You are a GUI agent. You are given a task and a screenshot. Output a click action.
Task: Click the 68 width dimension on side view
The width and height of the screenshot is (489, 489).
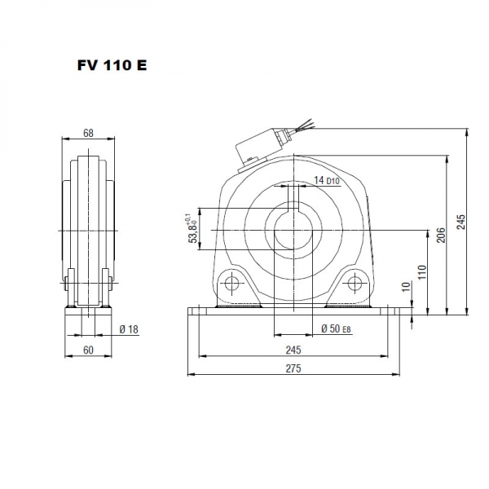tap(87, 133)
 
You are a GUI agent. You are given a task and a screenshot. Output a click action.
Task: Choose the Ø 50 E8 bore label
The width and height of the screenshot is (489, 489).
tap(335, 328)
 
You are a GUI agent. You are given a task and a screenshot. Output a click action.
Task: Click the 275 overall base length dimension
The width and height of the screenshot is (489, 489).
tap(293, 368)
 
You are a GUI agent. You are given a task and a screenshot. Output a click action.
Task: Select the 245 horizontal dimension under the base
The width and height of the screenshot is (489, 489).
tap(293, 350)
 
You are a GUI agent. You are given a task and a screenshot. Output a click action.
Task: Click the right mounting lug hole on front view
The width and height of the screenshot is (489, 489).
tap(355, 284)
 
